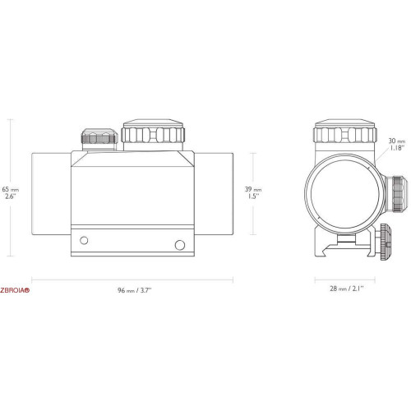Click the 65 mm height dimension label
11,192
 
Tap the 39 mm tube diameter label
253,192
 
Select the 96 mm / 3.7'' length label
135,290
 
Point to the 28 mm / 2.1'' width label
347,289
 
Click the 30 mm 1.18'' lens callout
396,145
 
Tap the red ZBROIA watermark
15,290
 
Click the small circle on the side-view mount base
84,241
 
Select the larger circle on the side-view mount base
180,245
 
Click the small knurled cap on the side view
99,139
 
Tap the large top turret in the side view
153,135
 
